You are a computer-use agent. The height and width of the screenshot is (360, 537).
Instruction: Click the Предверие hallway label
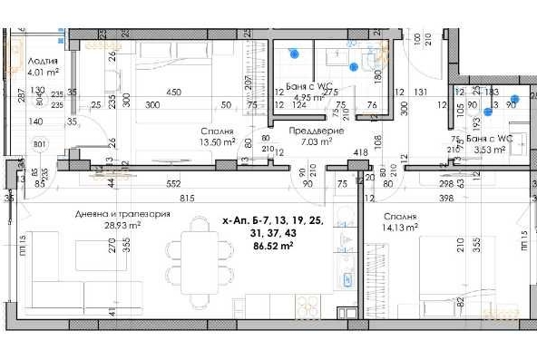click(x=315, y=131)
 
